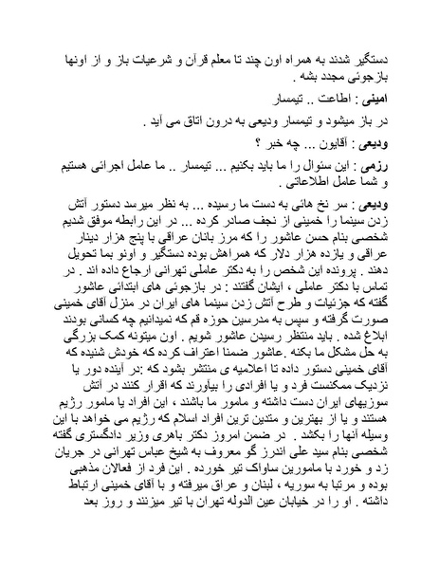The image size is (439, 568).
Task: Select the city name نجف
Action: (x=229, y=219)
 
